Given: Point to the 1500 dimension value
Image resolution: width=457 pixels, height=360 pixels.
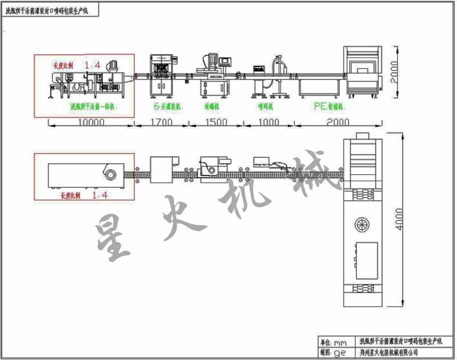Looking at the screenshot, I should (x=215, y=121).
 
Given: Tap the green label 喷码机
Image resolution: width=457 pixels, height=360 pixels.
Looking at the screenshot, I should (x=264, y=105).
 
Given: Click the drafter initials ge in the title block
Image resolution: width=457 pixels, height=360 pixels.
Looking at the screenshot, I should (x=340, y=353).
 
